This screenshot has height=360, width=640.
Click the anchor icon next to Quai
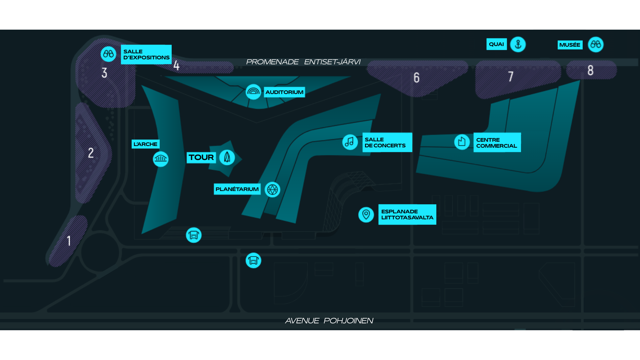click(518, 44)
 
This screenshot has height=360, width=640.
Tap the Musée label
click(570, 45)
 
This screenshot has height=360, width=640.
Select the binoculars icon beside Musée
click(596, 44)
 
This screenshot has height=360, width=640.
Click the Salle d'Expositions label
click(146, 54)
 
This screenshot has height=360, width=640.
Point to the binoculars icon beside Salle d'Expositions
click(108, 54)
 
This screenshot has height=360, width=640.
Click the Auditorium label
click(284, 92)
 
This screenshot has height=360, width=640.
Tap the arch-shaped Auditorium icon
click(253, 92)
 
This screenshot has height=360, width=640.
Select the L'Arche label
click(146, 144)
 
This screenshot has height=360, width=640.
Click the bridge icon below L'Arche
click(161, 159)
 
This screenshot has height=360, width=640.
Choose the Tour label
click(201, 157)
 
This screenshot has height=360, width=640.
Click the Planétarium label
click(237, 189)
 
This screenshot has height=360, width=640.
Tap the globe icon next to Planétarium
click(272, 190)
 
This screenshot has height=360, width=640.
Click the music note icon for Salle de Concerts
click(350, 142)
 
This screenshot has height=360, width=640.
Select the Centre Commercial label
click(497, 142)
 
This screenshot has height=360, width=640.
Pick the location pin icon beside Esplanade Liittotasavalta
click(366, 214)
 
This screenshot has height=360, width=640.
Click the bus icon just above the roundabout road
click(194, 235)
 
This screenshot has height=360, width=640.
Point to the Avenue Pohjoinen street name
click(329, 321)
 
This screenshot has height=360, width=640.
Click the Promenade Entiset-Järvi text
click(303, 62)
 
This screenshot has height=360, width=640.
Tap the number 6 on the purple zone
click(417, 78)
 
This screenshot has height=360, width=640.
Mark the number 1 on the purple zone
click(69, 241)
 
